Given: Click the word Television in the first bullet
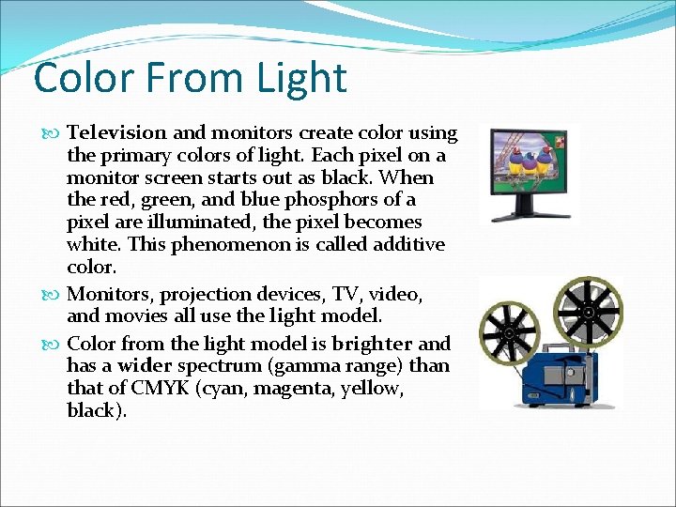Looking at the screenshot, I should pos(117,132).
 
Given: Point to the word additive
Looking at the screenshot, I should pos(404,245).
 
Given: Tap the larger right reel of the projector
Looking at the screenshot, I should pos(587,312).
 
